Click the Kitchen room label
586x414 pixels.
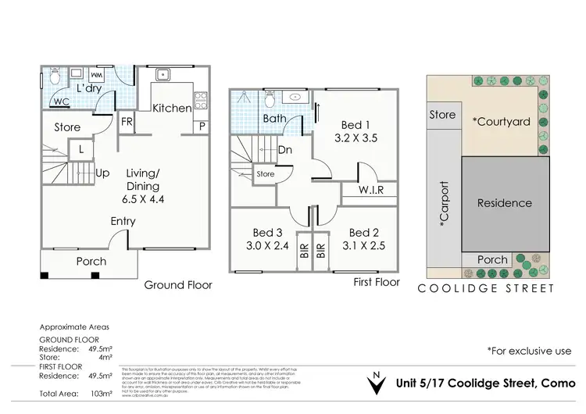click(171, 109)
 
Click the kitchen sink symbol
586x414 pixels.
click(163, 76)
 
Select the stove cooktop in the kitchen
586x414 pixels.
click(200, 99)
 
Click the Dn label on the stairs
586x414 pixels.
click(285, 150)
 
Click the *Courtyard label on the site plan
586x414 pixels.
click(501, 121)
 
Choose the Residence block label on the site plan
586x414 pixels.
click(504, 203)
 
